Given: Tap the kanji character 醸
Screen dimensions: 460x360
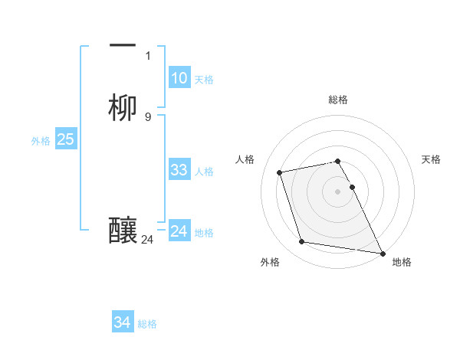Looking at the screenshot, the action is pos(123,231).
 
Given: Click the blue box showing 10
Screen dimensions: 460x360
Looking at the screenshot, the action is pos(179,78).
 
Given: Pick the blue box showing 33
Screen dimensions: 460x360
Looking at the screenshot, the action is pos(179,170).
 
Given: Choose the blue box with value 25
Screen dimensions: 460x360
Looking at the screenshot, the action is pos(66,139).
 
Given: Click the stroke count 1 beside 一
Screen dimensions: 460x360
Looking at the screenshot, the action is pos(148,56).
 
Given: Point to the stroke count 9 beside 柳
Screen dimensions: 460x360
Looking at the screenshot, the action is pos(148,117).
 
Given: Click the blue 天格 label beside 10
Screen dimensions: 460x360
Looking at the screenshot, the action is pos(204,80).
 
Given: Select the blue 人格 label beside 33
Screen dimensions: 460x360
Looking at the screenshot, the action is pos(204,172).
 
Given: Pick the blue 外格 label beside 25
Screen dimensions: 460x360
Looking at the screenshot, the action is pos(41,141).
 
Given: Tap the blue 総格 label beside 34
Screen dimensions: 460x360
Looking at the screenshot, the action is pos(147,325).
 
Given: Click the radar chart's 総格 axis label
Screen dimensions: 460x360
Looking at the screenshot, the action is pos(338,100).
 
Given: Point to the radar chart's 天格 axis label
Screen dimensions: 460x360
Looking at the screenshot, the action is pos(431,159).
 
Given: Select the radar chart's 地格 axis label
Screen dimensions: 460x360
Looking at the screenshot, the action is pos(402,262).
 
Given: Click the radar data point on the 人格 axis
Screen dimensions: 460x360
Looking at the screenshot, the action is pos(281,172).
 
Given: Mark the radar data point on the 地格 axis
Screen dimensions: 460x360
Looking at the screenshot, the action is pos(383,252).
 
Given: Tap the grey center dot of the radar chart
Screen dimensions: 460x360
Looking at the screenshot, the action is pos(338,191).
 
